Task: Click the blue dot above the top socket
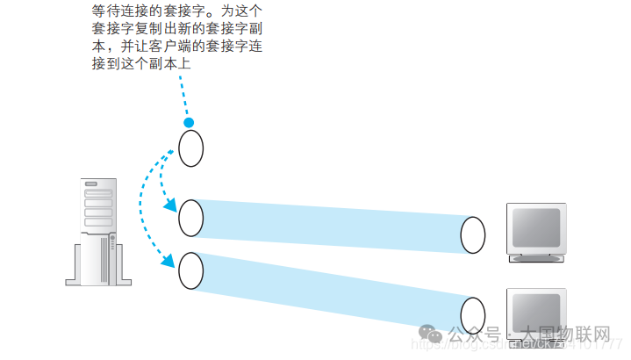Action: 188,123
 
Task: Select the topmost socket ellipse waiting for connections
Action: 191,148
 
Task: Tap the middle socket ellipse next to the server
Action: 191,217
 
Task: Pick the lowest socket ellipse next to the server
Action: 190,270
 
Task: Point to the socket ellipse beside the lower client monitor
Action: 473,313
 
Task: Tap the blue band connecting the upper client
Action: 333,224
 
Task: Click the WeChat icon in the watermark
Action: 430,335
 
